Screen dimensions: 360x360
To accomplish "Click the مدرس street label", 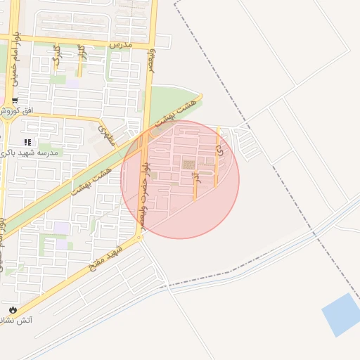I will (120, 44).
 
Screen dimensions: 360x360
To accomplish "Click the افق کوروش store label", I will (14, 112).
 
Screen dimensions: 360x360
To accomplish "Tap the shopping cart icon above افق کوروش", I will (15, 100).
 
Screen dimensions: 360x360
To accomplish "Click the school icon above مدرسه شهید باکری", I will (27, 142).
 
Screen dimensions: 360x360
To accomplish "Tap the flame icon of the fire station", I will (12, 309).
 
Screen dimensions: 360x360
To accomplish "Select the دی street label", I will (219, 149).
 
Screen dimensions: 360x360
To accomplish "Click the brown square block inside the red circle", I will (188, 165).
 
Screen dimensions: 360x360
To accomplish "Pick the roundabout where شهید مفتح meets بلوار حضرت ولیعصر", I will (139, 238).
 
